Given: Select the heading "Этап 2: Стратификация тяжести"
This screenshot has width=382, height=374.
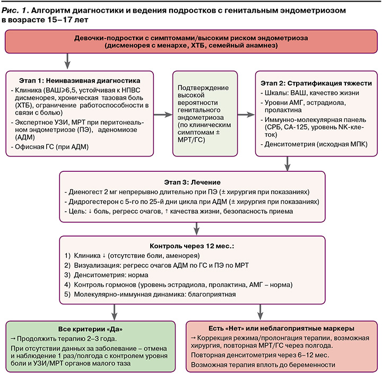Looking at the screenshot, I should coord(316,83).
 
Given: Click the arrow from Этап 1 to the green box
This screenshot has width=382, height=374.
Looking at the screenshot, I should coord(166,114).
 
